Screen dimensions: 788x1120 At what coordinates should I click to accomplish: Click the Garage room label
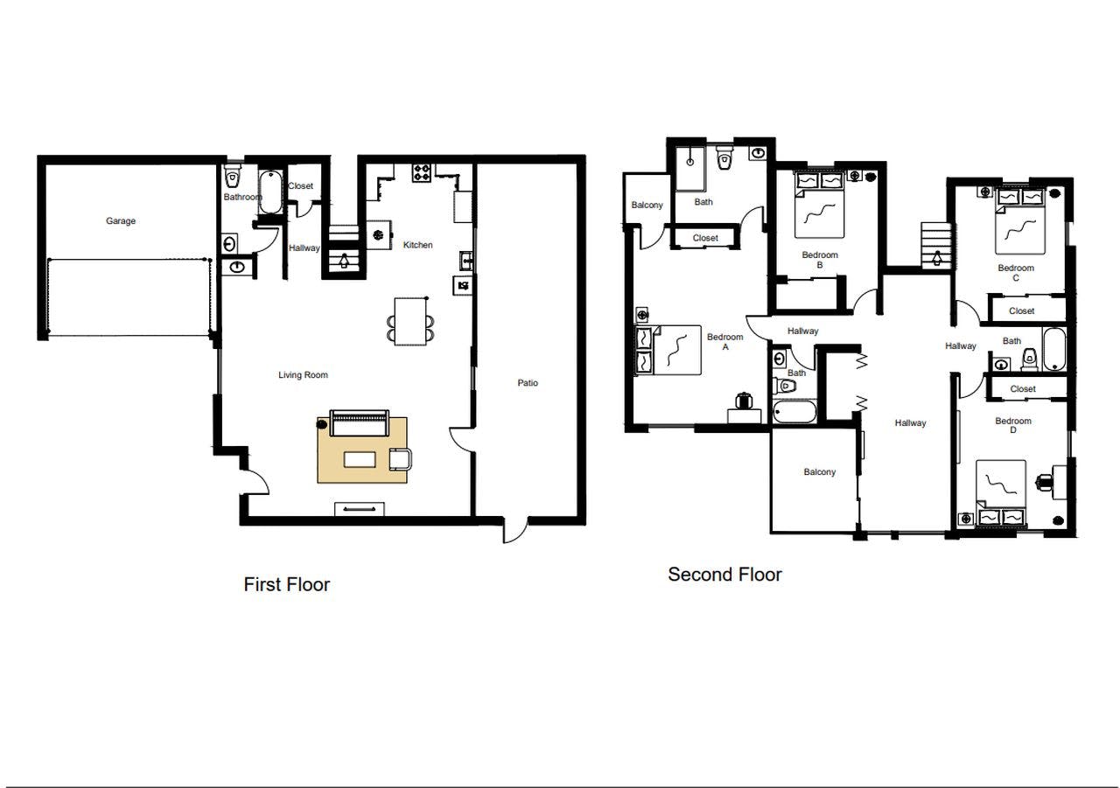click(121, 221)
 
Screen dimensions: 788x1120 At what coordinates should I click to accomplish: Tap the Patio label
click(528, 383)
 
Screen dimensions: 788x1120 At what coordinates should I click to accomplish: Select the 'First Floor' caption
click(286, 584)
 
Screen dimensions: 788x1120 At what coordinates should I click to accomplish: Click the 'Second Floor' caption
click(724, 575)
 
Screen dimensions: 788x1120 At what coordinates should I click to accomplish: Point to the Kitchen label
click(417, 245)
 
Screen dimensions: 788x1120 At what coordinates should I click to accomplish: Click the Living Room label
click(303, 375)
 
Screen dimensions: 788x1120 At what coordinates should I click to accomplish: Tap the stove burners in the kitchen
click(422, 172)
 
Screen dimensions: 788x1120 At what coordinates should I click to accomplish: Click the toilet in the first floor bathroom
click(232, 178)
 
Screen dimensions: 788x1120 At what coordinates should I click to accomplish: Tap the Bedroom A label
click(724, 342)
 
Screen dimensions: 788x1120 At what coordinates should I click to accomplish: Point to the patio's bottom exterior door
click(515, 529)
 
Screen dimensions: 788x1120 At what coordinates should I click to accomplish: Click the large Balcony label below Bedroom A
click(819, 472)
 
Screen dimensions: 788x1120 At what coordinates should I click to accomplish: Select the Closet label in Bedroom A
click(705, 238)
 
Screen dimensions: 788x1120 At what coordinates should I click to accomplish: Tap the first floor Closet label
click(300, 186)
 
